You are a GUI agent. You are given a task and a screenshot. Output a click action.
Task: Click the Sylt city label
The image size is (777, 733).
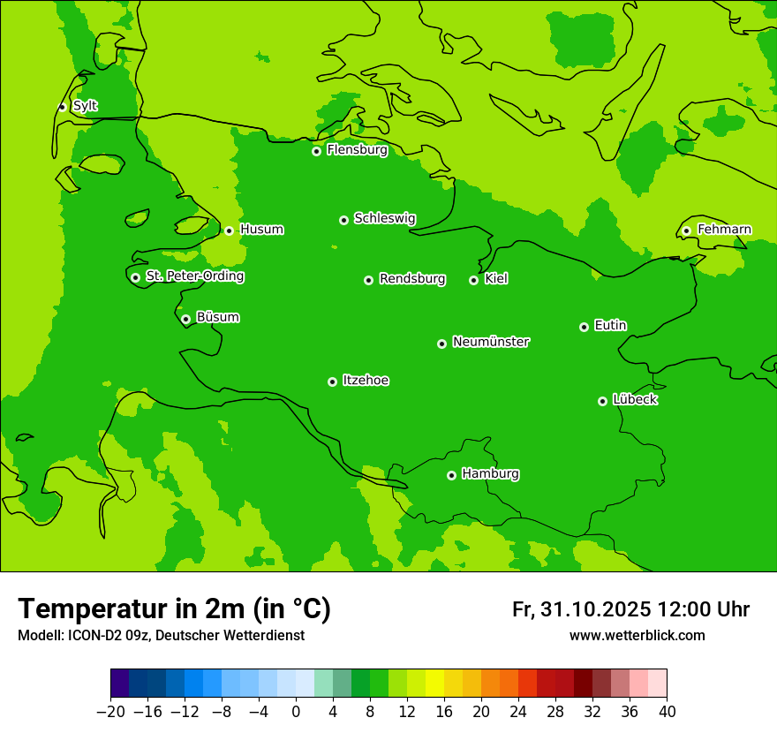coord(85,106)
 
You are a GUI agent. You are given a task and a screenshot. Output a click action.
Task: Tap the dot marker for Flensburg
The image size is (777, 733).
coord(316,151)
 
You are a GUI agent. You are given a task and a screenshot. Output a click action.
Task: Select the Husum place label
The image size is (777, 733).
coord(261,230)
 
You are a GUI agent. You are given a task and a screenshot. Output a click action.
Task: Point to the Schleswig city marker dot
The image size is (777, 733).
coord(343,220)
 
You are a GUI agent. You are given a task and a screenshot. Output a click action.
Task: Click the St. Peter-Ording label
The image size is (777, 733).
coord(194,276)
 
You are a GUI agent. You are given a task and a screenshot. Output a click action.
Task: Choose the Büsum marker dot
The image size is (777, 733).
coord(185,319)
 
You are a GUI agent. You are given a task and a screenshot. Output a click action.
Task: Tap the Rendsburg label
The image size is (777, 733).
coord(412,279)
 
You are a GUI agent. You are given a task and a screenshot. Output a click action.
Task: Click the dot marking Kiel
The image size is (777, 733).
coord(473,280)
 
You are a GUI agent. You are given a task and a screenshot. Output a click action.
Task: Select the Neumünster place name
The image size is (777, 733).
coord(491,342)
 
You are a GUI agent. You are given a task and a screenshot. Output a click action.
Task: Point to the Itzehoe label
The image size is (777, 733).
coord(366,381)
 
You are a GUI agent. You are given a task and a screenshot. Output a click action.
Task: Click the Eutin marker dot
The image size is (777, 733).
coord(584,327)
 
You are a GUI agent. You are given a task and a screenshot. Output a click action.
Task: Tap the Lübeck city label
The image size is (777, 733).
coord(635,399)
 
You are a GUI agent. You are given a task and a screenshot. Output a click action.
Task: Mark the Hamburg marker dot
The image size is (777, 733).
coord(451,475)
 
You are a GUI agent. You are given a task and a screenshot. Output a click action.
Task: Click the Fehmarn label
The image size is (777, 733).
coord(724,230)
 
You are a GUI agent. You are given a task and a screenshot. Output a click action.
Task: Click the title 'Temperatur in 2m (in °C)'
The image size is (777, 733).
coord(174,608)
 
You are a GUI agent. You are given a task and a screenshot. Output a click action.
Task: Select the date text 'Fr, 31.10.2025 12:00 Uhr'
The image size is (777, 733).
coord(630,609)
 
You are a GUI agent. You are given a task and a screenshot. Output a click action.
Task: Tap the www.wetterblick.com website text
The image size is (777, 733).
coord(637,636)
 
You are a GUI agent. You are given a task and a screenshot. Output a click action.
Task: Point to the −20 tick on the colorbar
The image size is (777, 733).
coord(110,712)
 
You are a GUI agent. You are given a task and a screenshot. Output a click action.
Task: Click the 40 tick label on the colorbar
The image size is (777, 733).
coord(667,712)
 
